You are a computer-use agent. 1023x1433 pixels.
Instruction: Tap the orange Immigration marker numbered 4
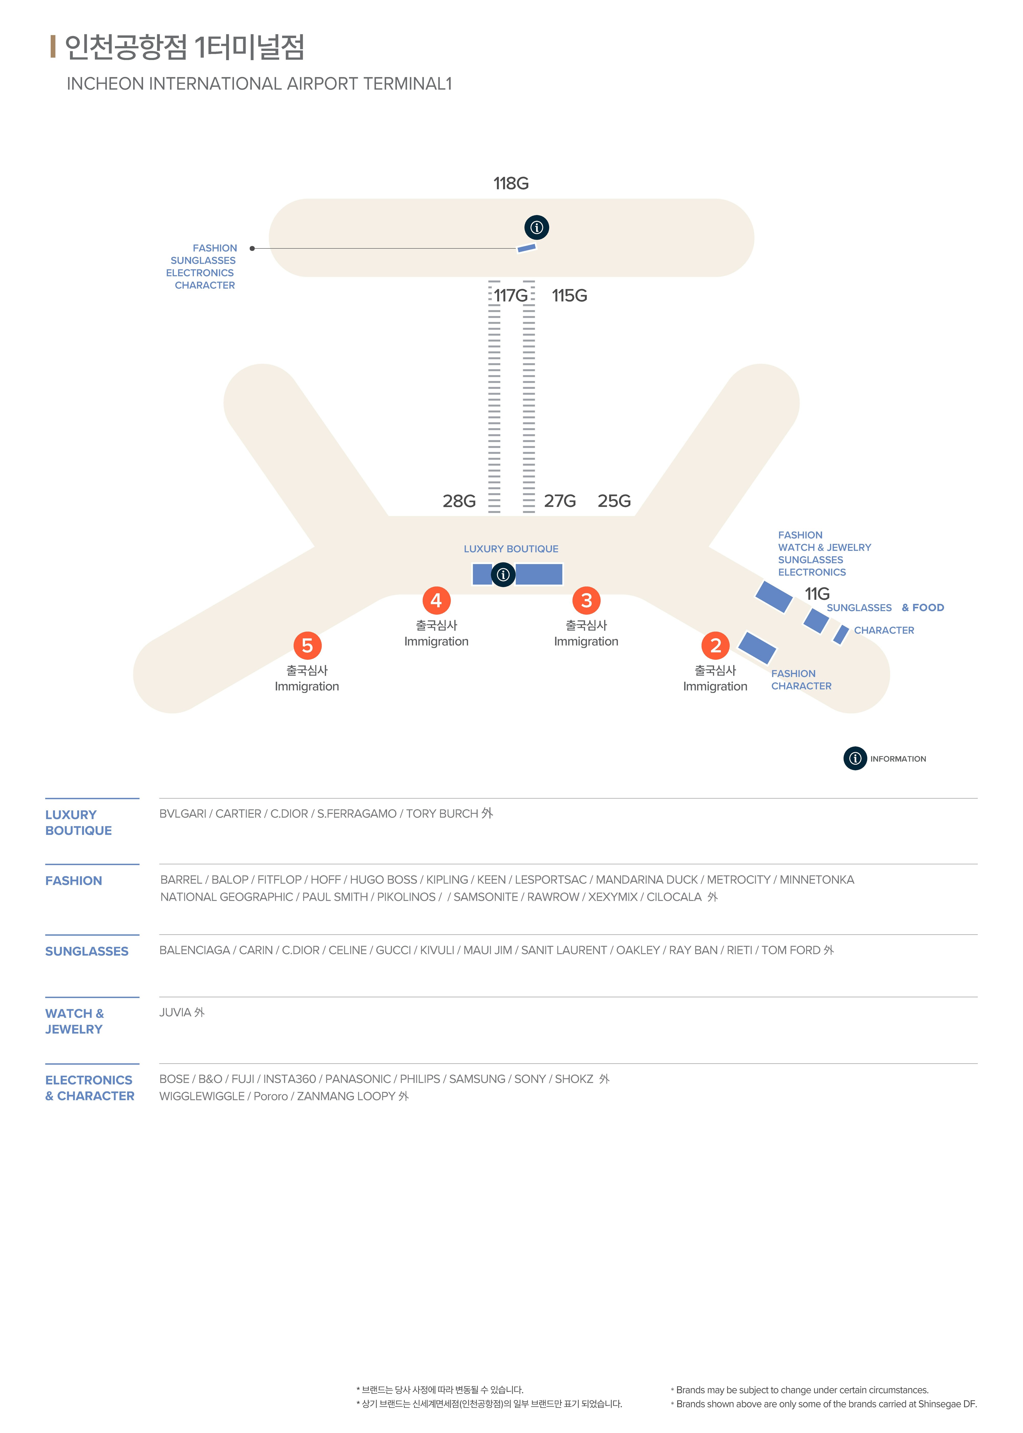[x=436, y=601]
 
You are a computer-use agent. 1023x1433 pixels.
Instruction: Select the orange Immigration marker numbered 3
[x=586, y=601]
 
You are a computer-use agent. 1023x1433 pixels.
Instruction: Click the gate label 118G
[x=511, y=183]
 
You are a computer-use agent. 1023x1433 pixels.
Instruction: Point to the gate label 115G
[x=570, y=296]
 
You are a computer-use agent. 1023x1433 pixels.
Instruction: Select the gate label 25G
[x=614, y=501]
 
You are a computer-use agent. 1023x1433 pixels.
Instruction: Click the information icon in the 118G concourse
[x=537, y=227]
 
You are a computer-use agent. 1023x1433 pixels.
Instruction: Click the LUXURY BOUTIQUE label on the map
[x=511, y=549]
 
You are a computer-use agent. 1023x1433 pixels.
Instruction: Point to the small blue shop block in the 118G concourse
[x=527, y=248]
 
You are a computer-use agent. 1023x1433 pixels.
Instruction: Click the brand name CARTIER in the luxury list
[x=238, y=813]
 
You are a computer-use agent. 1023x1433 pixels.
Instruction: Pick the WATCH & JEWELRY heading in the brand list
[x=74, y=1021]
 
